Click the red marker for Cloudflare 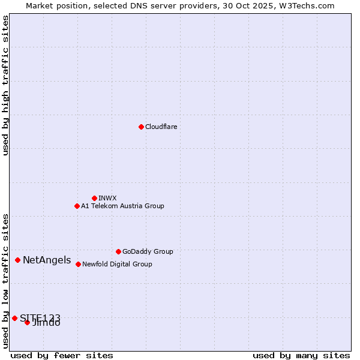click(141, 127)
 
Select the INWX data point click(94, 198)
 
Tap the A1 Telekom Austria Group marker click(77, 206)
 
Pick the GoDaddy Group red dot click(118, 251)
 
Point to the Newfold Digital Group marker click(78, 264)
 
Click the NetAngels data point click(18, 260)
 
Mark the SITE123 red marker click(14, 318)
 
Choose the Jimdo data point click(27, 322)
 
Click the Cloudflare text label click(161, 127)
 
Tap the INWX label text click(107, 198)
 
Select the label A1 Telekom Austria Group click(122, 206)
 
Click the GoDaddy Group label click(148, 251)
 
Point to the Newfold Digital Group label click(117, 264)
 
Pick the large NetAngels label click(47, 260)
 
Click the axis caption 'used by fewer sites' click(62, 355)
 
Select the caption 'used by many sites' click(301, 355)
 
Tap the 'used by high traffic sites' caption click(5, 85)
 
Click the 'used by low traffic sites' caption click(5, 280)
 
